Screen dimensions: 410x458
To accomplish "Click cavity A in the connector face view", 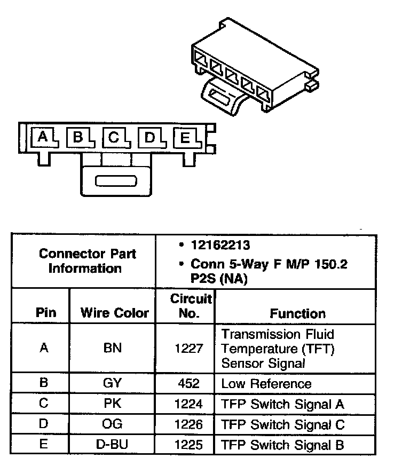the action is (43, 138).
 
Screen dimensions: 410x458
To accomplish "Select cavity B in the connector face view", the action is (78, 138).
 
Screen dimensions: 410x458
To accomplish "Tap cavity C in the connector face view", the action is (114, 138).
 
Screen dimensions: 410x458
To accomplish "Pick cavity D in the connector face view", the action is (150, 138).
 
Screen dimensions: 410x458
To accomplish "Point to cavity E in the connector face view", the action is (185, 139).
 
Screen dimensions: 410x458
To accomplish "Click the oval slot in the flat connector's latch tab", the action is (116, 181).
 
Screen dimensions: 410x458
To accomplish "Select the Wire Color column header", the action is (114, 313).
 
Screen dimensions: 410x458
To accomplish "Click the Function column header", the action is (297, 314).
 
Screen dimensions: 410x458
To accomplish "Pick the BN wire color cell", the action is (112, 349).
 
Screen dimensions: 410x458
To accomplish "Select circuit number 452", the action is (190, 383).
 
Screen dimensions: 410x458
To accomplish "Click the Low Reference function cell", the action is (266, 384).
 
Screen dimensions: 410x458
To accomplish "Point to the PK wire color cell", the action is (113, 404).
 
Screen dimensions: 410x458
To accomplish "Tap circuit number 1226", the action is (189, 424).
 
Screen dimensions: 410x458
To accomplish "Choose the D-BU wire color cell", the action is (112, 445).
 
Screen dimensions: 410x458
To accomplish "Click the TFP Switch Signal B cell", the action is (282, 445).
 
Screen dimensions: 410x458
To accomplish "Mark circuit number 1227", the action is (189, 349).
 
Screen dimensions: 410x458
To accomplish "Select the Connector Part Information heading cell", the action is (87, 260).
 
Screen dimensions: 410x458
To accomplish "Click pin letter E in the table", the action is (44, 445).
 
